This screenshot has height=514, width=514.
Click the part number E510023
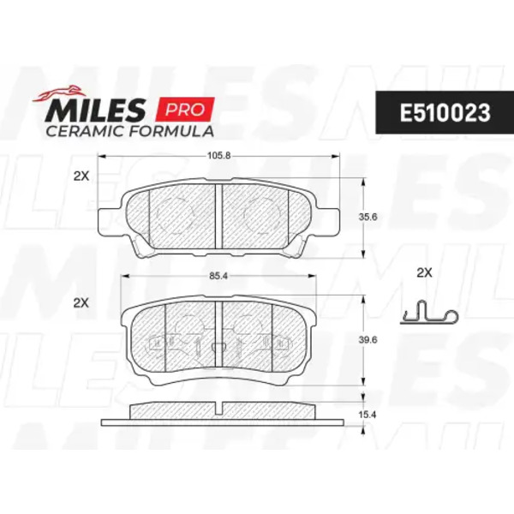[x=445, y=113]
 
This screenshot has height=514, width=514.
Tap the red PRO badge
[x=185, y=109]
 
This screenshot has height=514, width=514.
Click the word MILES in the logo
[x=96, y=111]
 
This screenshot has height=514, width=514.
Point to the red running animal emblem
[x=58, y=93]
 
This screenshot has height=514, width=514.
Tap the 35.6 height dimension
[x=368, y=217]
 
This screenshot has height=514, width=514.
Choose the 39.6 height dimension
[x=368, y=340]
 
